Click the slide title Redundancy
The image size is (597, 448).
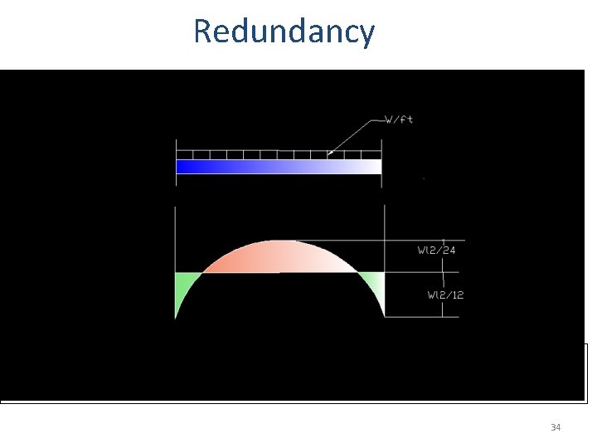click(x=284, y=32)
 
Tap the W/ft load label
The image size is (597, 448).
click(x=400, y=119)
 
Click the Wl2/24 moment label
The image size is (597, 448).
click(x=435, y=249)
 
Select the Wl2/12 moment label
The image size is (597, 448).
click(x=445, y=295)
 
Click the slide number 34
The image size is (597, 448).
click(x=556, y=427)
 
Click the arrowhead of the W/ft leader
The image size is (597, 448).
click(x=330, y=153)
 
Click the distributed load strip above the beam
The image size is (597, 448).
click(x=278, y=155)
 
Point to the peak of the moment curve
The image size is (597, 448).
click(x=280, y=241)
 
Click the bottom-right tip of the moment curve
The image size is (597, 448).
click(x=383, y=315)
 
